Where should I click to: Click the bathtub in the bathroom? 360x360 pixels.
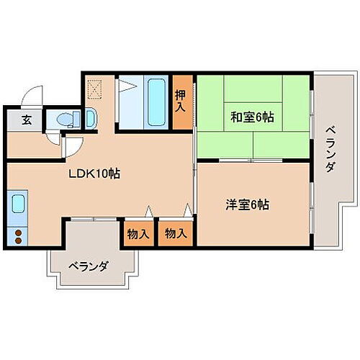[x=156, y=102]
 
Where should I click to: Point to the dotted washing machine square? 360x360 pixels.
[x=95, y=89]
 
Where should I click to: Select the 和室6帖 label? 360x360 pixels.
[x=251, y=115]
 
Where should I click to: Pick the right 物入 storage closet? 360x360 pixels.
[x=176, y=233]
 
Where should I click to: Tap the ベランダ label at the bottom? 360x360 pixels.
[x=89, y=266]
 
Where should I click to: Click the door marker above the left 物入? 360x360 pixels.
[x=148, y=211]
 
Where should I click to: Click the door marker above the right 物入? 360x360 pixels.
[x=186, y=211]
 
